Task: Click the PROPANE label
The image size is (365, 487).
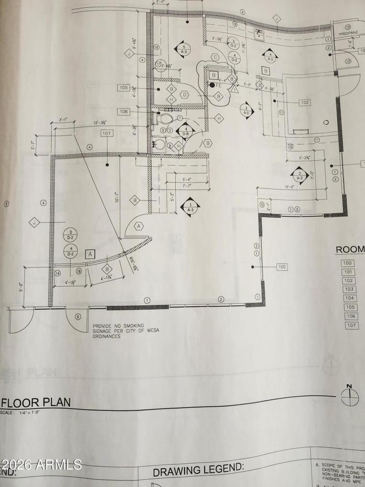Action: click(x=349, y=34)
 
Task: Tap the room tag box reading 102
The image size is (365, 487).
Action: click(x=305, y=103)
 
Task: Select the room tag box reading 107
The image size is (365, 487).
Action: click(x=107, y=134)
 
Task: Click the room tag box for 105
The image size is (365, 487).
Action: click(x=124, y=88)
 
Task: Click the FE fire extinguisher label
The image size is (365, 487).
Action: click(x=219, y=85)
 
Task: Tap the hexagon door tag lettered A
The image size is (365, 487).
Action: click(x=139, y=225)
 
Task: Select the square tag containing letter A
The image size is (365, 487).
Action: click(x=90, y=254)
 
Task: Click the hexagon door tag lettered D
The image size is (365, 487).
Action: click(x=184, y=94)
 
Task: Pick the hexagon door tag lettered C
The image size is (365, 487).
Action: click(x=214, y=57)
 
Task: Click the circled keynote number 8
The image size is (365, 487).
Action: click(x=78, y=316)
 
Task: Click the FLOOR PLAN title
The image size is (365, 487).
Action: click(x=36, y=402)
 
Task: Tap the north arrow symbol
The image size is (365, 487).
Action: click(x=350, y=395)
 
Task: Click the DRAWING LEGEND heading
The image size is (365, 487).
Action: click(x=198, y=470)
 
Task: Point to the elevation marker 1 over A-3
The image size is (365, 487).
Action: click(x=191, y=207)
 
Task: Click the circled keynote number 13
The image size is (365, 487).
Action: click(x=348, y=27)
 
